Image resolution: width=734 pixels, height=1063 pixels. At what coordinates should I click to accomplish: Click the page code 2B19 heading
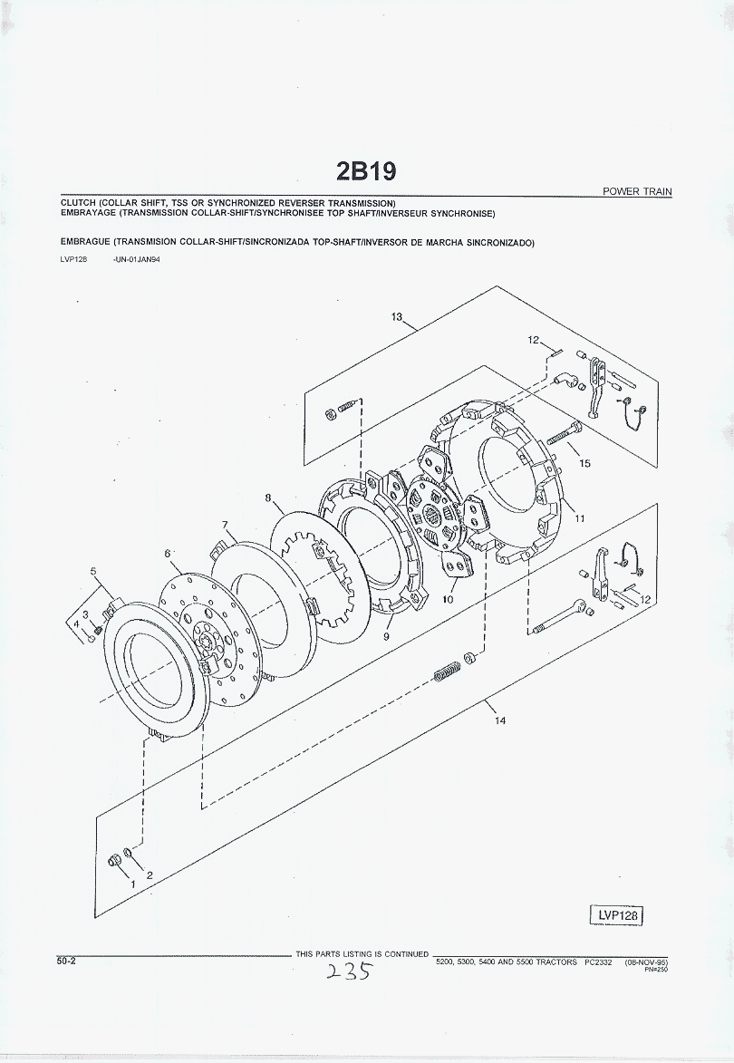click(366, 171)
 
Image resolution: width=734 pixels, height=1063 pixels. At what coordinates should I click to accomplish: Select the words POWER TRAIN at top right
click(637, 191)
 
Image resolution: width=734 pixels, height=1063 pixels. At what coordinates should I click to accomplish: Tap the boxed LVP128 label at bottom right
click(618, 915)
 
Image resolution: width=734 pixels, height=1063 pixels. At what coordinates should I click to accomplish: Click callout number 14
click(501, 721)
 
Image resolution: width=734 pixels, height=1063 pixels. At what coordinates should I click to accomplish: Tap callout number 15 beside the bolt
click(584, 464)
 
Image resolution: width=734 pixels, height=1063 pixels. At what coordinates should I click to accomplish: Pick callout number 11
click(579, 519)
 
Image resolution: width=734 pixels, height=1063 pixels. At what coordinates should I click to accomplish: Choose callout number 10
click(448, 600)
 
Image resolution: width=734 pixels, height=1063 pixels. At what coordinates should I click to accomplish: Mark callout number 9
click(387, 637)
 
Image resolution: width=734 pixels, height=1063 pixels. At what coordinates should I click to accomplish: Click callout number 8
click(268, 498)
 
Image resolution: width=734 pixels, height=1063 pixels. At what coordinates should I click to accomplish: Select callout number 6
click(168, 553)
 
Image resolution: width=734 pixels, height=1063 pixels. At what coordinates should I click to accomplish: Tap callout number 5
click(93, 571)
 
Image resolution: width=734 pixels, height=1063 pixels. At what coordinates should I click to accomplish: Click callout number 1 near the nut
click(132, 881)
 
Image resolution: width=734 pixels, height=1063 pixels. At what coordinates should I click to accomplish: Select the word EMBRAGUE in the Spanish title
click(85, 243)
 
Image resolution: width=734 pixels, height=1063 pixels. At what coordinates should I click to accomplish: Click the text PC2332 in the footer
click(599, 962)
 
